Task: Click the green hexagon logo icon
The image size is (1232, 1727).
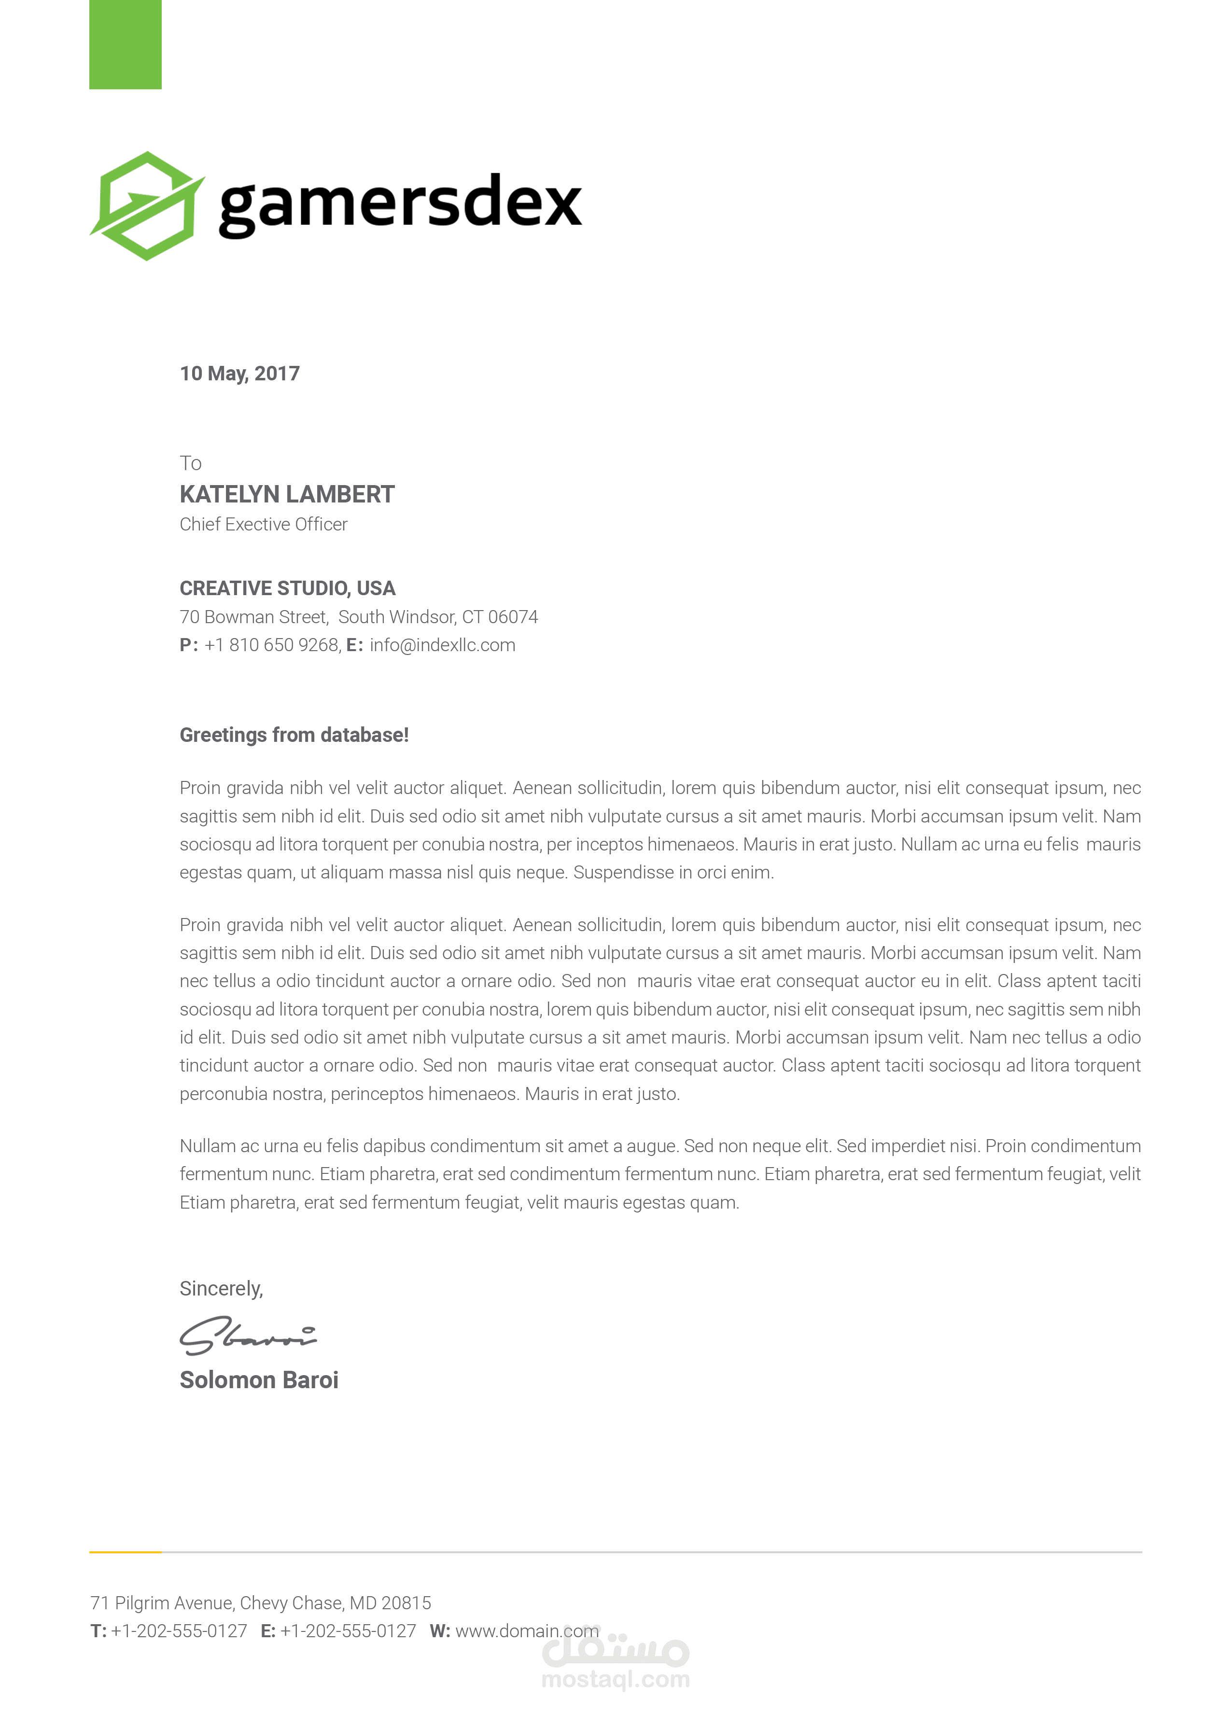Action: click(x=146, y=206)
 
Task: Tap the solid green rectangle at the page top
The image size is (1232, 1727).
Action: click(x=125, y=44)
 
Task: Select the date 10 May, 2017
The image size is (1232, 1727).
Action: click(x=240, y=373)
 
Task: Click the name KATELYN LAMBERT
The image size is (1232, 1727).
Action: click(x=287, y=495)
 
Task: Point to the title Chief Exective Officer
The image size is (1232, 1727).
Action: click(x=263, y=524)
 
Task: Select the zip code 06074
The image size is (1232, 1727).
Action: click(x=513, y=617)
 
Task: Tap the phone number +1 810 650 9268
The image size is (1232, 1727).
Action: click(x=272, y=645)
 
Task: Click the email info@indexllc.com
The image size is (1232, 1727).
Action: click(x=442, y=645)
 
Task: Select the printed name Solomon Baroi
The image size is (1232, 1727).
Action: click(x=259, y=1379)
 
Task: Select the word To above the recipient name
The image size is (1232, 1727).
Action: click(x=190, y=463)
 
